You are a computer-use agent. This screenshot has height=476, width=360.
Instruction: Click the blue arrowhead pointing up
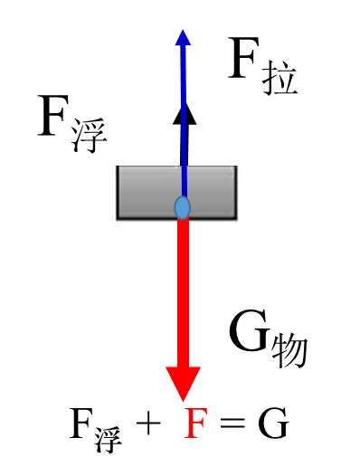click(183, 38)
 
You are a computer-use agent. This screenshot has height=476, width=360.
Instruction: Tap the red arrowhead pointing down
click(183, 382)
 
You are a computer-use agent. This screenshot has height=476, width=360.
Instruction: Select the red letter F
click(195, 424)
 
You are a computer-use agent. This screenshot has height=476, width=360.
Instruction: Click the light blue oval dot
click(183, 207)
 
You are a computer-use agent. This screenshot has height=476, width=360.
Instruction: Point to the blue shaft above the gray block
click(184, 109)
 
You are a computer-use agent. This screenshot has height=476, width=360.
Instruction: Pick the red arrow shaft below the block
click(183, 290)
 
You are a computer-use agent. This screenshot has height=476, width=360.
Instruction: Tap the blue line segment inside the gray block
click(184, 181)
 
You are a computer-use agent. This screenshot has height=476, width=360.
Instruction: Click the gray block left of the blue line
click(148, 192)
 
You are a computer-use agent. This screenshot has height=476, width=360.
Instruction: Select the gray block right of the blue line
click(213, 192)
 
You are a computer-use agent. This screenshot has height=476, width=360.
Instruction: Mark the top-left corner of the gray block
click(118, 167)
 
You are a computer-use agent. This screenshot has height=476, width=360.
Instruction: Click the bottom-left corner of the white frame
click(113, 225)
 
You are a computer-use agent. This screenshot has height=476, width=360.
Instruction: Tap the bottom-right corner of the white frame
click(242, 225)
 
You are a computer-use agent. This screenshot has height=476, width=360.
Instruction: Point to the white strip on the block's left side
click(115, 195)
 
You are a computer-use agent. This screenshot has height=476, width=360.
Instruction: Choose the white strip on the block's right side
click(239, 195)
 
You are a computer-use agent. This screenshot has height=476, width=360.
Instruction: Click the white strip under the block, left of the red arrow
click(145, 223)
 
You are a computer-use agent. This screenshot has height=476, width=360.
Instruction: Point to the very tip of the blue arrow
click(183, 29)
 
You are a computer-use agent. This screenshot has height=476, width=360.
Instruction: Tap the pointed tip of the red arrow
click(183, 401)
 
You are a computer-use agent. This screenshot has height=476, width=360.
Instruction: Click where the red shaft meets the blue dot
click(183, 219)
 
